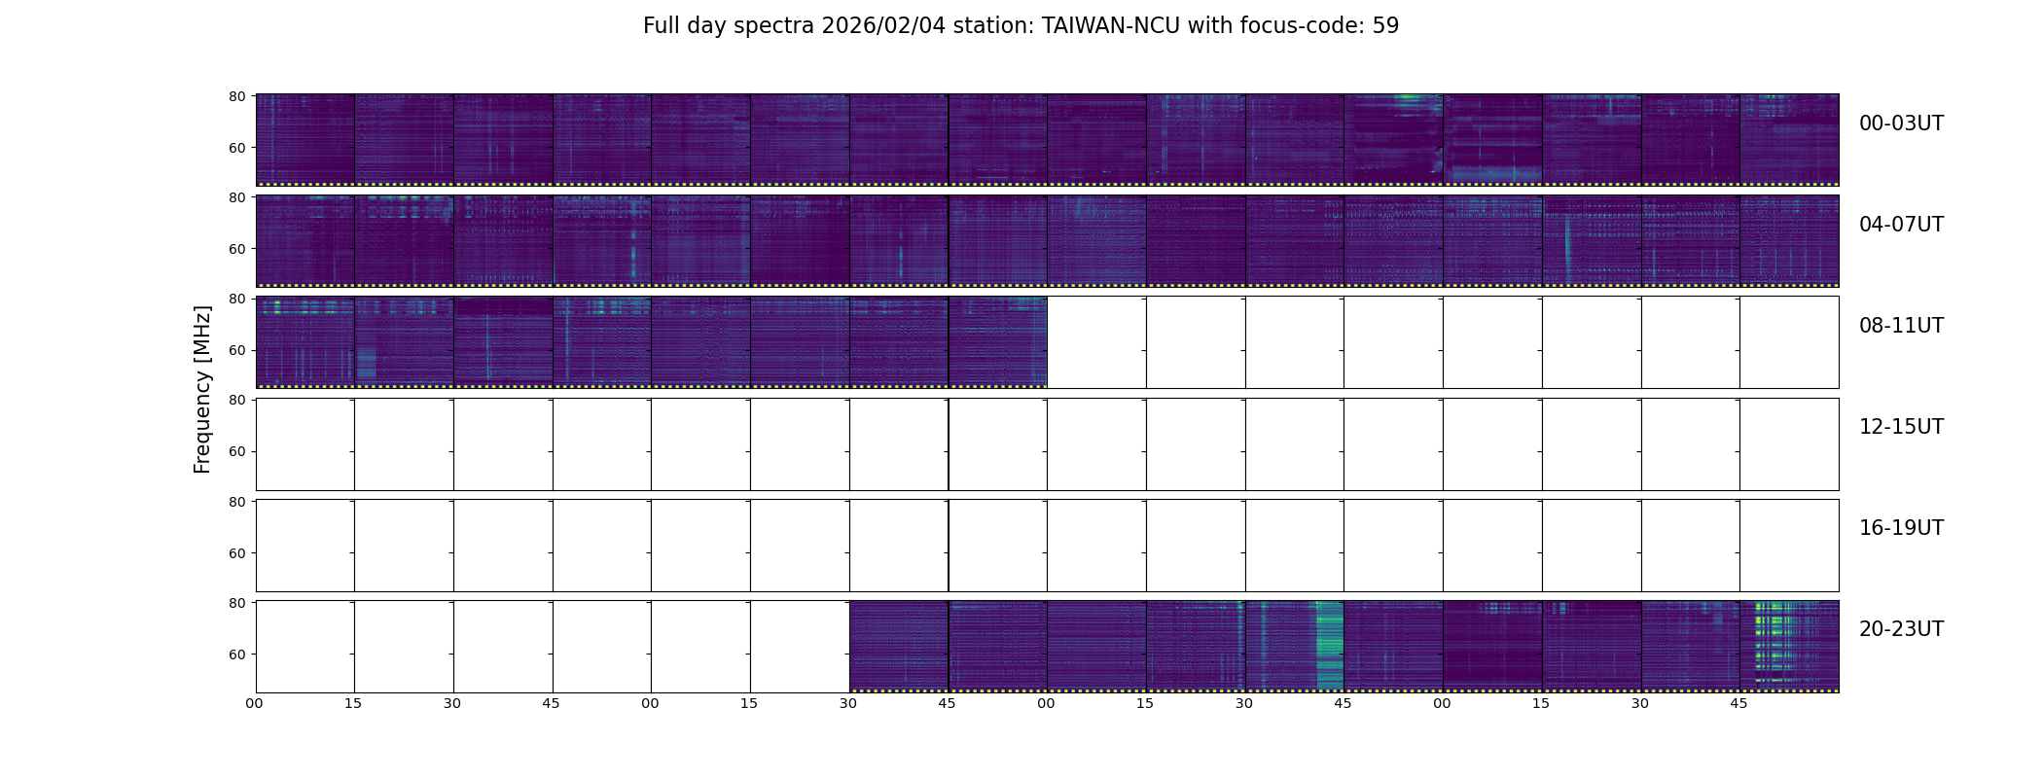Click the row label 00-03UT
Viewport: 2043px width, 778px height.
pyautogui.click(x=1901, y=124)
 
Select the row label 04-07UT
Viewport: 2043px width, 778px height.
pyautogui.click(x=1901, y=225)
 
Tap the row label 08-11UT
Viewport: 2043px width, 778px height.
pyautogui.click(x=1901, y=326)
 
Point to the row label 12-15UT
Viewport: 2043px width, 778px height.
pyautogui.click(x=1901, y=427)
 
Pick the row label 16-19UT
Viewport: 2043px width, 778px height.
pyautogui.click(x=1901, y=528)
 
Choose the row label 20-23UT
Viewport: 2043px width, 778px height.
pyautogui.click(x=1901, y=629)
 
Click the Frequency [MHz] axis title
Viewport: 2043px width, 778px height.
pyautogui.click(x=202, y=390)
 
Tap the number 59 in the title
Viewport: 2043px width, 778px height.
pyautogui.click(x=1385, y=26)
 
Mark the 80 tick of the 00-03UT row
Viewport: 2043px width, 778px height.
pyautogui.click(x=236, y=96)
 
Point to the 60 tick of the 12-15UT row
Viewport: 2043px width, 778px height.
pyautogui.click(x=236, y=451)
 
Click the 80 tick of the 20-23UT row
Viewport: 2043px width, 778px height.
pyautogui.click(x=236, y=603)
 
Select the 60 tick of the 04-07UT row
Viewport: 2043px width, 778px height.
pyautogui.click(x=236, y=249)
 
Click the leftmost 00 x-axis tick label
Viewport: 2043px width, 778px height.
pyautogui.click(x=254, y=703)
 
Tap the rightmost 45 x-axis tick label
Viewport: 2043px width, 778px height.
pyautogui.click(x=1738, y=703)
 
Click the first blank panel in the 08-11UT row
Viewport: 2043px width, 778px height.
pyautogui.click(x=1096, y=342)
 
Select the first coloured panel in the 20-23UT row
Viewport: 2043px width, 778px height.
pyautogui.click(x=899, y=646)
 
